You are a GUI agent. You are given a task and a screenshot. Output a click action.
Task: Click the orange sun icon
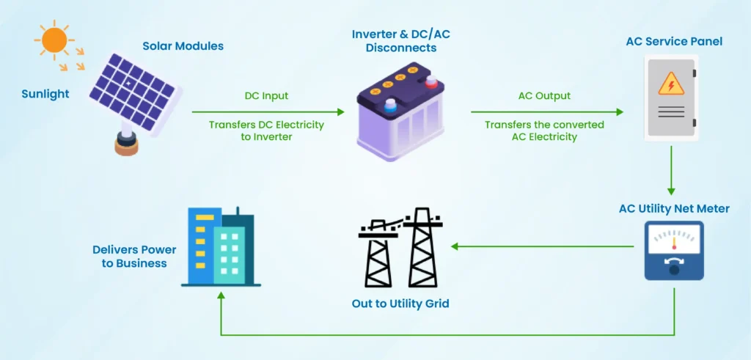point(54,40)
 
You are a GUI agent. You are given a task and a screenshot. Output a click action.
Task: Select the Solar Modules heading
point(183,46)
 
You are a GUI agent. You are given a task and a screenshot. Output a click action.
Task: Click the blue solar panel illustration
point(133,91)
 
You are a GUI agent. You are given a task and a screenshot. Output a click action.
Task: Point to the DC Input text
point(266,96)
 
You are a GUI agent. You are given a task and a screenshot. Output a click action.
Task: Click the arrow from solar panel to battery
point(268,111)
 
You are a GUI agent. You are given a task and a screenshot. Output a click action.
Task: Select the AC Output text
point(544,96)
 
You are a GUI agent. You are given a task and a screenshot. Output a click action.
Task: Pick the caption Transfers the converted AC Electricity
point(544,131)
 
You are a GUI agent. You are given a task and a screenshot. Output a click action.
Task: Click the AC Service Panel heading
point(673,42)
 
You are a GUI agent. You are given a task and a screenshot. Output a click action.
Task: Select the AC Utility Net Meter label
point(673,209)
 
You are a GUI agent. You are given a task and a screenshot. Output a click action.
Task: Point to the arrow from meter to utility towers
point(543,246)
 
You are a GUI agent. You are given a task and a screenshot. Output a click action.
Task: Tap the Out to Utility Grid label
point(400,303)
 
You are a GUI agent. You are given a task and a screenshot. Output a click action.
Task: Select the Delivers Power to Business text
point(134,257)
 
